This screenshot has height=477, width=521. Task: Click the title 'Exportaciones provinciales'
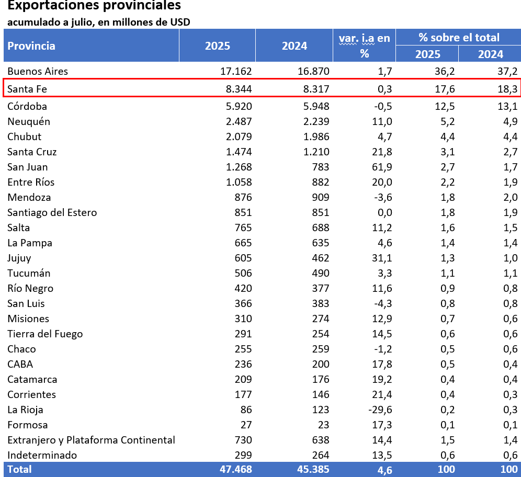(95, 6)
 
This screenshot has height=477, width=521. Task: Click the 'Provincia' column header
(31, 46)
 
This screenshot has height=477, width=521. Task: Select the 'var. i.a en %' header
(364, 46)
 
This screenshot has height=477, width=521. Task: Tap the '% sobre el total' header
(459, 37)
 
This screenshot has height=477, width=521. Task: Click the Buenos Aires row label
(38, 71)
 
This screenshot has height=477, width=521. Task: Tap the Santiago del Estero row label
(52, 213)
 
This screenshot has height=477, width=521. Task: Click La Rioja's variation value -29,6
(379, 410)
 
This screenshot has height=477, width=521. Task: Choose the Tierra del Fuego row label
(45, 334)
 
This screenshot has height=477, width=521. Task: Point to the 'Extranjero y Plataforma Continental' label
(91, 440)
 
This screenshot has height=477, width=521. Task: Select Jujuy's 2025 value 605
(243, 258)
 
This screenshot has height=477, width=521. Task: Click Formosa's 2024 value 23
(323, 425)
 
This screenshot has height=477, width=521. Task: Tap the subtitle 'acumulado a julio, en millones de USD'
(99, 22)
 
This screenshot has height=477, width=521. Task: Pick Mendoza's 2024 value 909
(320, 198)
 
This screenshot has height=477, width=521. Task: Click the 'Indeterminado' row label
(42, 456)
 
